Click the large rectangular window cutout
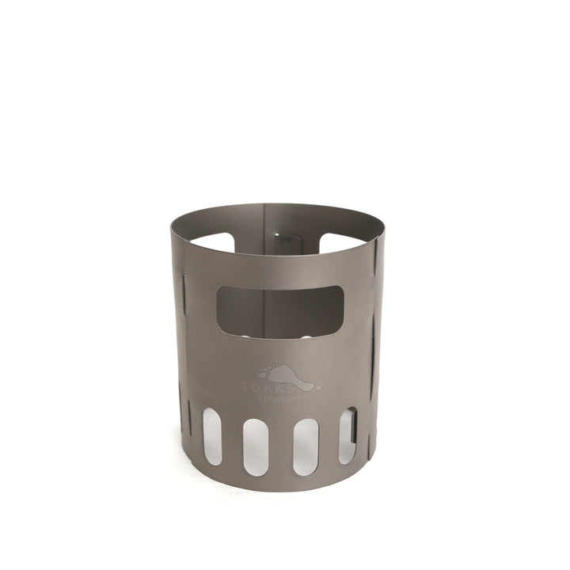click(x=279, y=312)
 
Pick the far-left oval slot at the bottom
click(x=212, y=431)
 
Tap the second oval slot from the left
click(x=256, y=446)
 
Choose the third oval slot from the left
click(x=306, y=446)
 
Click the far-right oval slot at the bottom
click(x=348, y=435)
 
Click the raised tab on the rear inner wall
click(x=281, y=237)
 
